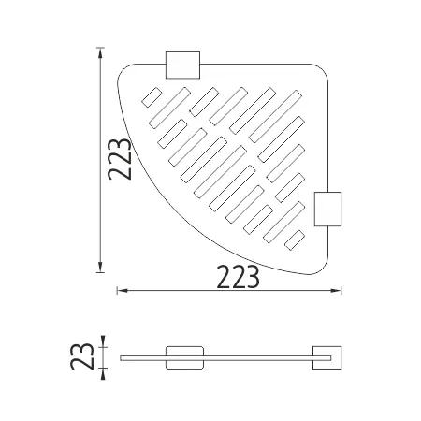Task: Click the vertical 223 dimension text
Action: pos(119,159)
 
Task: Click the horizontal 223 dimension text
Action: pos(238,277)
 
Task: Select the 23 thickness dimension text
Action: pos(82,356)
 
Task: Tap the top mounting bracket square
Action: pos(182,65)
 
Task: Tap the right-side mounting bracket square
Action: pos(327,209)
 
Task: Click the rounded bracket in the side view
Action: pos(184,357)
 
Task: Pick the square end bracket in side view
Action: pos(327,357)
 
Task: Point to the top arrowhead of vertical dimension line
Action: pos(100,53)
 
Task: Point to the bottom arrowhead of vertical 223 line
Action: pos(100,267)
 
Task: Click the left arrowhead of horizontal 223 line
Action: pos(123,291)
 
